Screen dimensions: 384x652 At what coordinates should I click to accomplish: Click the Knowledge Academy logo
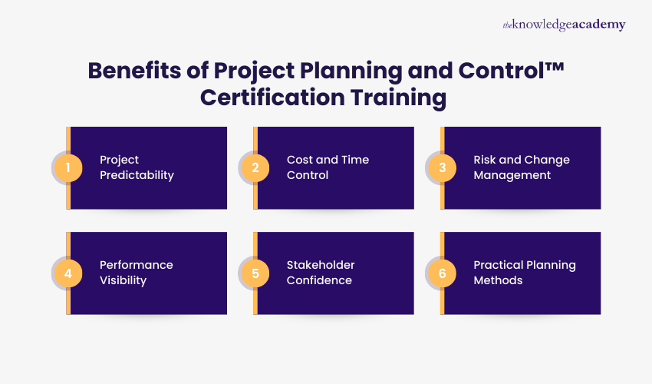[x=564, y=25]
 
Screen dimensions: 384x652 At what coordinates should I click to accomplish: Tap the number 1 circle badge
[x=68, y=167]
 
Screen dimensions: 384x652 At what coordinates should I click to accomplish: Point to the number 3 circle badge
[x=441, y=167]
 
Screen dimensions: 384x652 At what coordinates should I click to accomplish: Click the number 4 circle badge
[x=68, y=273]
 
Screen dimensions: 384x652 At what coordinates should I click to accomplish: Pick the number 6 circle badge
[x=441, y=273]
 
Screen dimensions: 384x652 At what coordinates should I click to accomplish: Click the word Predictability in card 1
[x=137, y=175]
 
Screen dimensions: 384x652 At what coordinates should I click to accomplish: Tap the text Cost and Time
[x=328, y=160]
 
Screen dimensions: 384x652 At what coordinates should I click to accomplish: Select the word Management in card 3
[x=512, y=175]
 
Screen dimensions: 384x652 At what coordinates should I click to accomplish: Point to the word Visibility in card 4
[x=123, y=280]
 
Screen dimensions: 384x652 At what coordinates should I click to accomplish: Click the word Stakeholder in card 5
[x=321, y=265]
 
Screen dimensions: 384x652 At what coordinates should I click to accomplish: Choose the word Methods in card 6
[x=498, y=280]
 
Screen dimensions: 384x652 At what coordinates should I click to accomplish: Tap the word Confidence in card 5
[x=319, y=280]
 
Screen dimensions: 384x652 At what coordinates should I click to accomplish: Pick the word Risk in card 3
[x=485, y=160]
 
